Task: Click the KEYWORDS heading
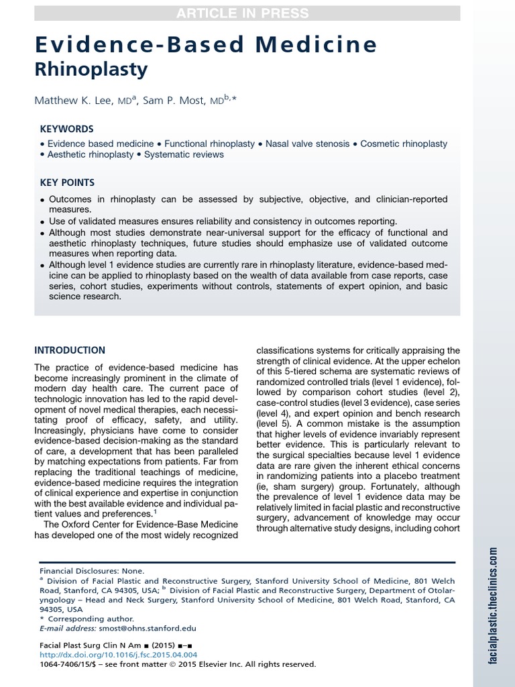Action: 66,129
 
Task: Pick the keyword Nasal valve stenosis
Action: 307,144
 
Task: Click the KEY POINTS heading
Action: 67,182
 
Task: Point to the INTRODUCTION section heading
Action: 70,350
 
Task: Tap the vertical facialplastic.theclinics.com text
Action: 493,604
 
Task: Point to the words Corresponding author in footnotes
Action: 91,619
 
